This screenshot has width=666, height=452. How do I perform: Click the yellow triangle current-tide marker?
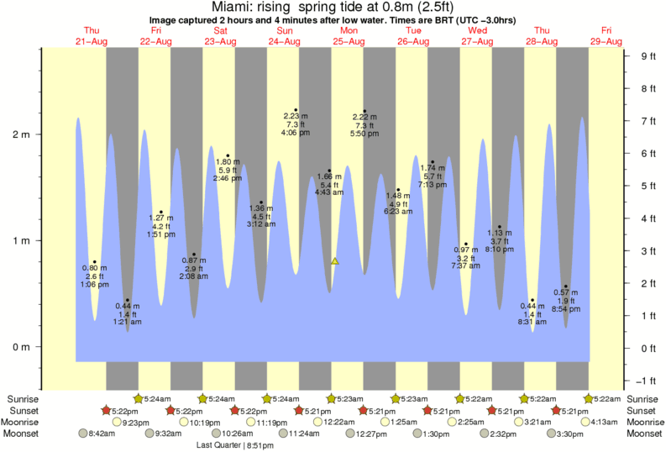click(x=334, y=261)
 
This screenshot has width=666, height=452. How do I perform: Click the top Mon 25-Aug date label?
click(x=348, y=36)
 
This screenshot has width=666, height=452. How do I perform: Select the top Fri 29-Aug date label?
click(x=606, y=36)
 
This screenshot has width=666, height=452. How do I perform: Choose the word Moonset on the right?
click(x=643, y=434)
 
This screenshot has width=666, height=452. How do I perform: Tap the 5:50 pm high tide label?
click(x=364, y=133)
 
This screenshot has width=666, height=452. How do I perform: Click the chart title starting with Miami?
click(x=333, y=8)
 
